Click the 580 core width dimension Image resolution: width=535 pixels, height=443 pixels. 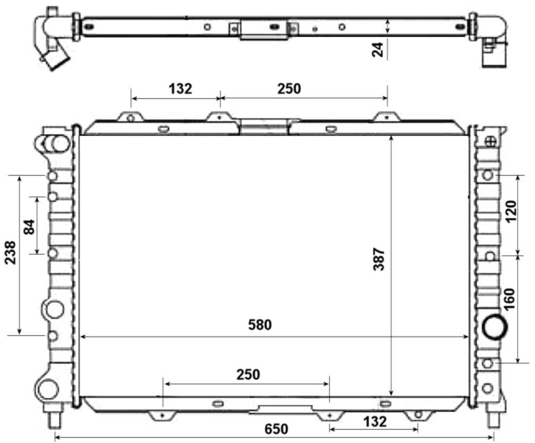tap(260, 324)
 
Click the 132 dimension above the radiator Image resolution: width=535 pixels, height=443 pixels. tap(180, 89)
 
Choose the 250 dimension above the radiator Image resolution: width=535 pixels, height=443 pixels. tap(289, 89)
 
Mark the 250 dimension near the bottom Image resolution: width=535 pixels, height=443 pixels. tap(248, 374)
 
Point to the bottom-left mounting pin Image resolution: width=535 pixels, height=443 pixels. tap(55, 419)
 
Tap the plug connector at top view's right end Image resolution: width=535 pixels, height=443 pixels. tap(491, 54)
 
